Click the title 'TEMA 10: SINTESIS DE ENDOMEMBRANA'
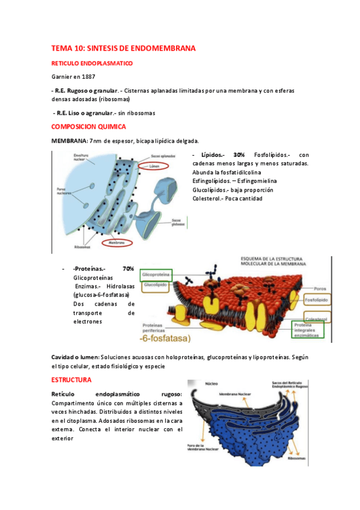123,48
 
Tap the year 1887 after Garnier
87,76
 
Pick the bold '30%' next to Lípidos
239,155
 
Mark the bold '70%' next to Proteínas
128,268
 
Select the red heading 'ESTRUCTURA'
71,380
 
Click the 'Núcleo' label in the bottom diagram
211,382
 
